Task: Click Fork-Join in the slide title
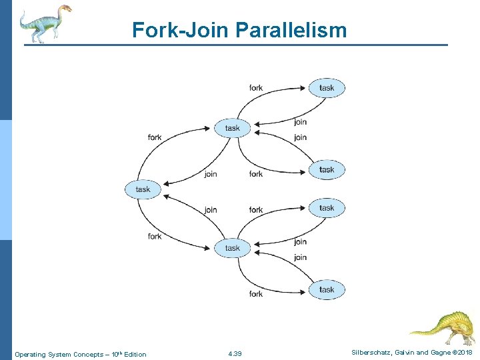[179, 30]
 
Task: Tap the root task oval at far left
[143, 189]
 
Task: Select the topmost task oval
[327, 88]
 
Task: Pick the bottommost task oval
[327, 289]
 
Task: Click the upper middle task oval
[232, 128]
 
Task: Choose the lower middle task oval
[232, 248]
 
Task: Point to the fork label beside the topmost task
[256, 88]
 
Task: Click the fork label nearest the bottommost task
[256, 293]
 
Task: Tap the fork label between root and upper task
[155, 137]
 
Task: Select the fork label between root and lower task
[155, 236]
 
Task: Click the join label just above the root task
[211, 174]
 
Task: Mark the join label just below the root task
[211, 210]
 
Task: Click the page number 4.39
[235, 353]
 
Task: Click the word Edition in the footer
[135, 354]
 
